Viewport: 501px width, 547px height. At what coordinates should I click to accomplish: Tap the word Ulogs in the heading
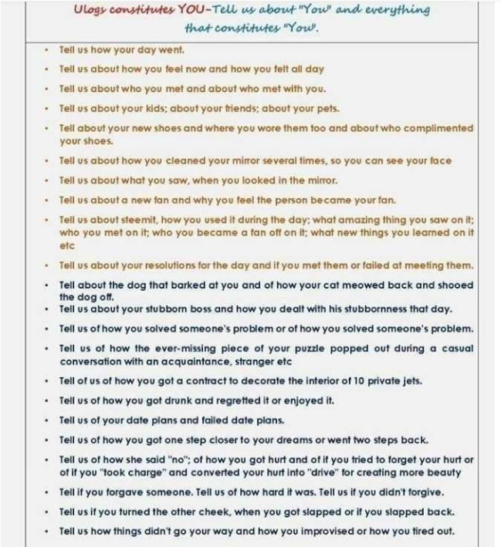90,11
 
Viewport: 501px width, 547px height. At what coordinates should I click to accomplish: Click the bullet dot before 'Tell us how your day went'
48,49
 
